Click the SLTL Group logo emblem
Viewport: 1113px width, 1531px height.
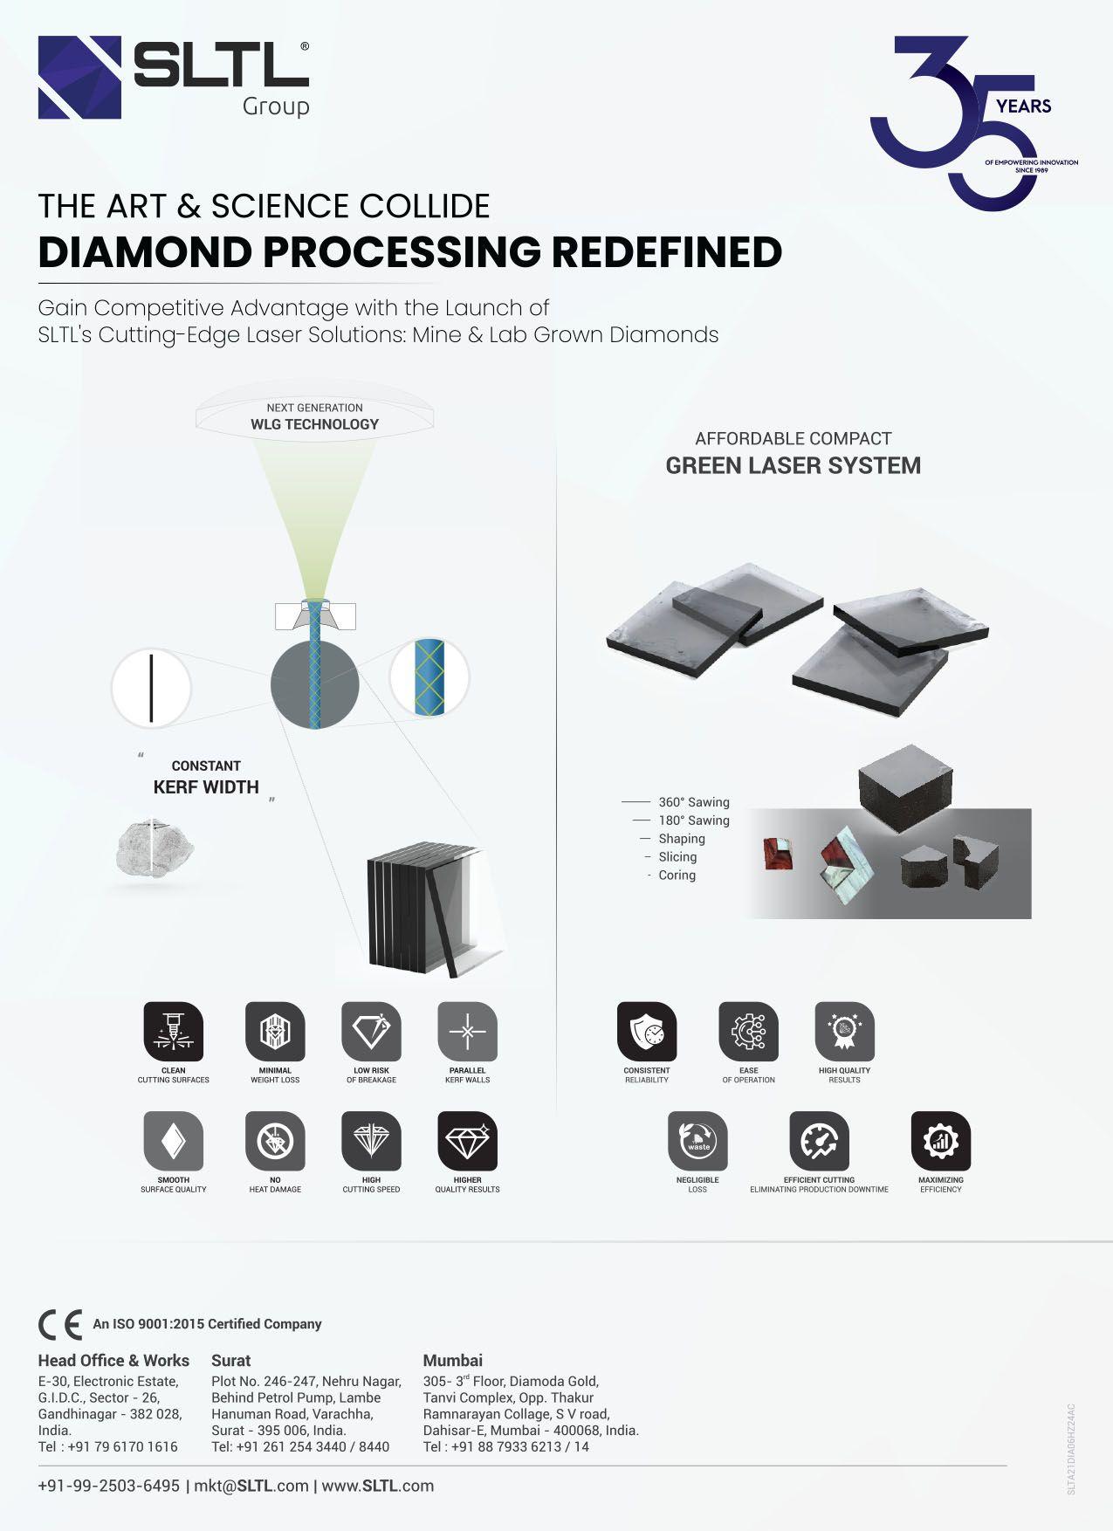coord(79,78)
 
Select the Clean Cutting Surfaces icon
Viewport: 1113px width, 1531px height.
coord(173,1032)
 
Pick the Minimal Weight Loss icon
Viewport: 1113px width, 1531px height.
coord(275,1032)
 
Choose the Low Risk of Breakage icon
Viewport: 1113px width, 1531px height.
coord(371,1032)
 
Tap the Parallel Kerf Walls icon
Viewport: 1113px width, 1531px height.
coord(467,1032)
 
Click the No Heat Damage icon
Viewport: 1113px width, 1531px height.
coord(275,1141)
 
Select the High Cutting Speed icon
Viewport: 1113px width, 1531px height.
coord(371,1141)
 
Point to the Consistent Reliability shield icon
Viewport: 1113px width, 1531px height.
coord(647,1032)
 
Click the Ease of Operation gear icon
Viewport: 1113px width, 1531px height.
coord(748,1032)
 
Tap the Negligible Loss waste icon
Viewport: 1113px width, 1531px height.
coord(697,1141)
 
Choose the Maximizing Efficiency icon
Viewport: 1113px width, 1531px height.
coord(940,1141)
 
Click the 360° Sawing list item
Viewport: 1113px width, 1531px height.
coord(693,802)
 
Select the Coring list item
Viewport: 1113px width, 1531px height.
coord(677,875)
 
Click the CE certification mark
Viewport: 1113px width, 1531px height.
coord(60,1324)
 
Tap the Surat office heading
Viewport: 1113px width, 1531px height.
coord(230,1360)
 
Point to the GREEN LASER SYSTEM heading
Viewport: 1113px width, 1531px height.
coord(793,466)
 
